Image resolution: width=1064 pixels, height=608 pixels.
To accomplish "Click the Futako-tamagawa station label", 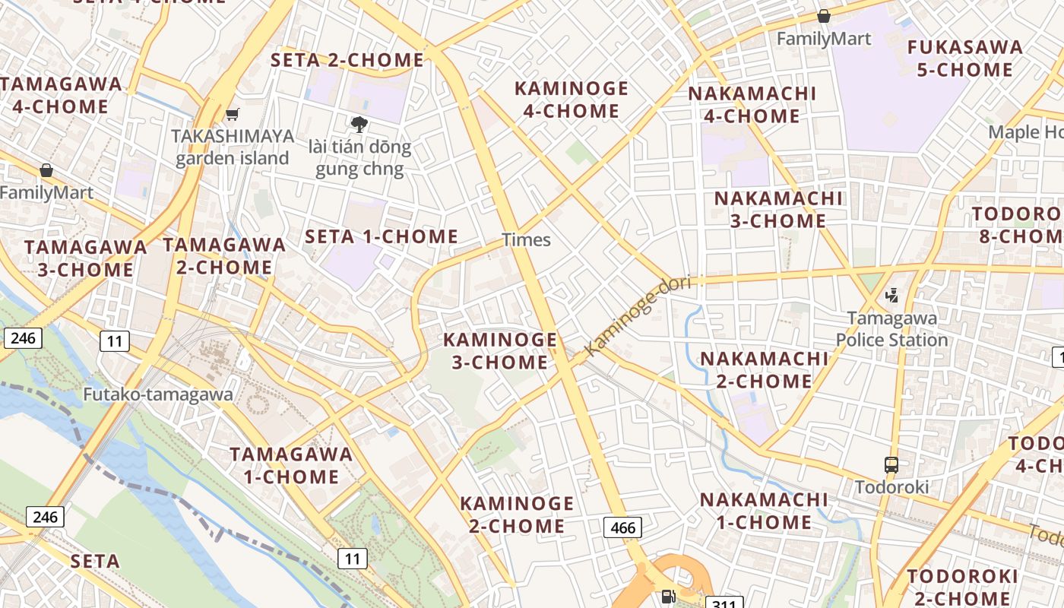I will (157, 394).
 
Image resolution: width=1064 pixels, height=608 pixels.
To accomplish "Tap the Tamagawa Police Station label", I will (891, 328).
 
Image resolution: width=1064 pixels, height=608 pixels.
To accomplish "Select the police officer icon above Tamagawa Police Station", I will (892, 295).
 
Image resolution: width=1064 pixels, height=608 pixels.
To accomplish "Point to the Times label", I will (526, 240).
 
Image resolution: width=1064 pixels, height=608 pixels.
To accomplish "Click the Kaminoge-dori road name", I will (638, 315).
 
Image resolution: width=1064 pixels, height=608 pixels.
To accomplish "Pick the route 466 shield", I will (622, 527).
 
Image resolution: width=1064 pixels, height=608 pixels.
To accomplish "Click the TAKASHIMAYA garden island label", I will (233, 147).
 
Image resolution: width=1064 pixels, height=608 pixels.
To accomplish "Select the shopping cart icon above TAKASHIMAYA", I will (233, 115).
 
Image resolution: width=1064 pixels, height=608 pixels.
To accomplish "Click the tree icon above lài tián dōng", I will (359, 124).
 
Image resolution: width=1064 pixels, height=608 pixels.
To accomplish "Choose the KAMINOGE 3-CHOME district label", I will (500, 350).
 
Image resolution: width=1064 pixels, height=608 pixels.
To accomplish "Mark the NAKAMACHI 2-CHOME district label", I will (764, 369).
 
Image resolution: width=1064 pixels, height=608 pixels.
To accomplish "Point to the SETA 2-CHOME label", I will (347, 59).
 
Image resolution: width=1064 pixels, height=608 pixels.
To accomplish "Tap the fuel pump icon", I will (668, 597).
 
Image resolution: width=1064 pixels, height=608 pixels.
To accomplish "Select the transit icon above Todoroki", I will (891, 464).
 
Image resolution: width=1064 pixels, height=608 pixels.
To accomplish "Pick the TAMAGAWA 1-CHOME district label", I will (291, 465).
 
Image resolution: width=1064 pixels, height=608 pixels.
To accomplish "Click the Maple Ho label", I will (1025, 132).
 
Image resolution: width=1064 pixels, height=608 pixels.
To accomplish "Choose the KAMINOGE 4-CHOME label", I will (572, 100).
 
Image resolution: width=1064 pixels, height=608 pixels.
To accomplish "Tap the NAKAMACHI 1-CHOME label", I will (764, 511).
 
